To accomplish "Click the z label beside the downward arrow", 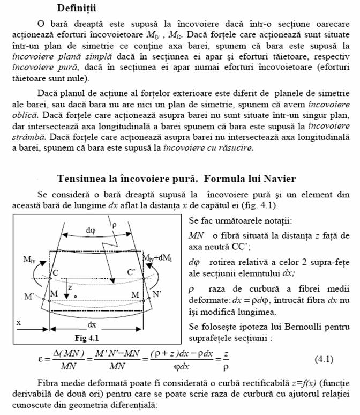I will pyautogui.click(x=70, y=288).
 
